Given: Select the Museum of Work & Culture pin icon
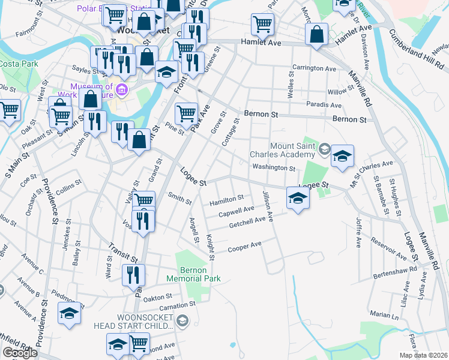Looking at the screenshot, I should [x=122, y=91].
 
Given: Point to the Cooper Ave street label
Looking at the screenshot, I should [x=244, y=247].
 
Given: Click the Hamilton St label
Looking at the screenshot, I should [x=226, y=199].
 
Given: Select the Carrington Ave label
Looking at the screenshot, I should [x=313, y=68].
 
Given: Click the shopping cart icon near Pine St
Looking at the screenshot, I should [x=186, y=112].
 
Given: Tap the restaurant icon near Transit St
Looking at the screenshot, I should [x=133, y=274].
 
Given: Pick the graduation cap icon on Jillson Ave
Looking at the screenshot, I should [x=297, y=197].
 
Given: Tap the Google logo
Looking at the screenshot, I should [x=20, y=352].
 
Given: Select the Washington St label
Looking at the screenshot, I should [x=273, y=168].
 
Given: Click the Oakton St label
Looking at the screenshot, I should [x=158, y=296].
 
